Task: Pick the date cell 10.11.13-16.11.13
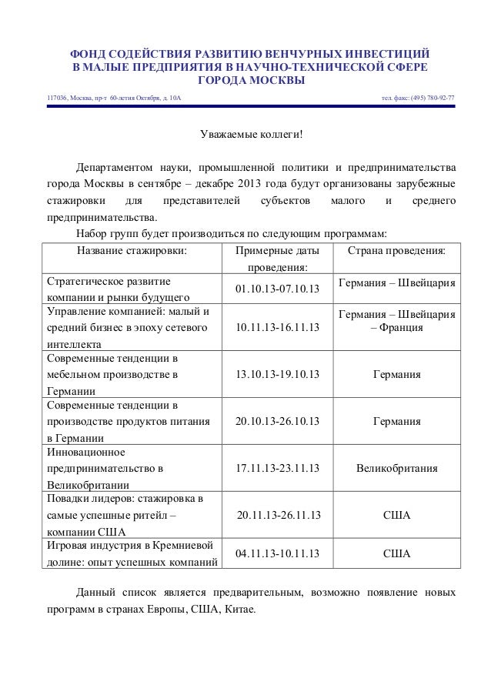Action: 277,329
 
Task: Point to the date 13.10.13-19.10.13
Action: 277,376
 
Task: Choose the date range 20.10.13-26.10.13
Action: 277,423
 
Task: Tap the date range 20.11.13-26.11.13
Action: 279,515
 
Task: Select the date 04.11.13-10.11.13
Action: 277,553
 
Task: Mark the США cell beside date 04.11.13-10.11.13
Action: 396,553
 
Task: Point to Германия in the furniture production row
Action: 396,376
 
